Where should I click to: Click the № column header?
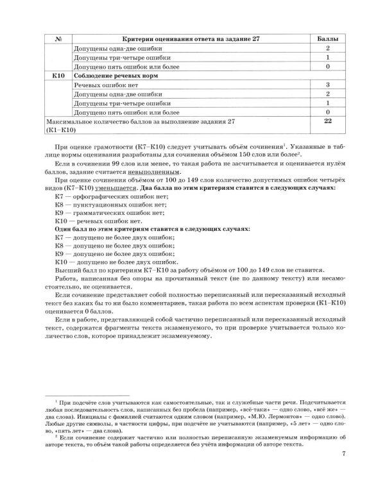[x=58, y=40]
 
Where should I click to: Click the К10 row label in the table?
[x=58, y=76]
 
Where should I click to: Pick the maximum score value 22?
[x=327, y=121]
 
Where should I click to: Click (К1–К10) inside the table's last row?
[x=60, y=130]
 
